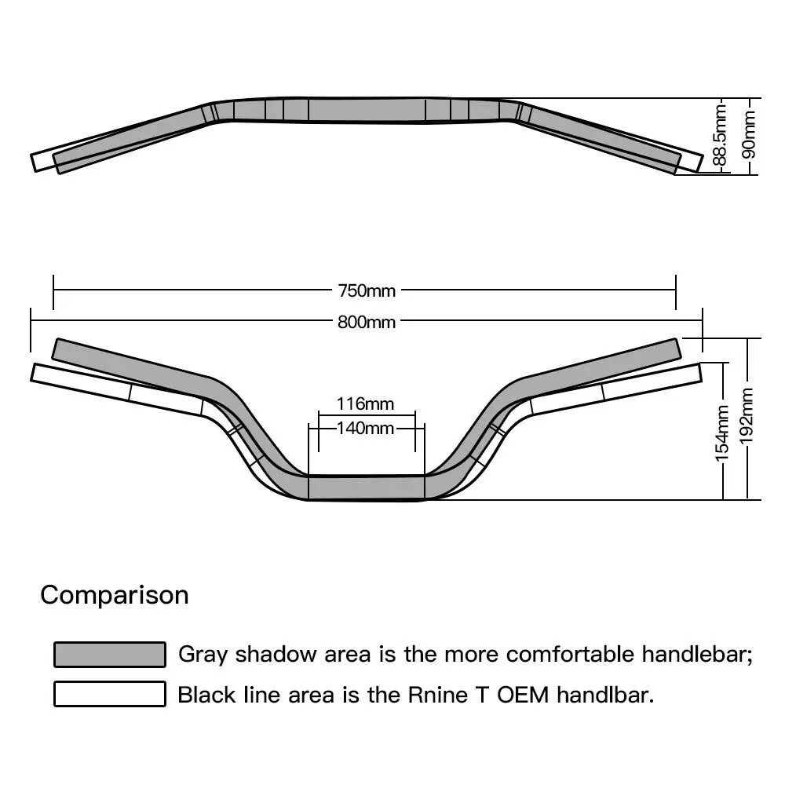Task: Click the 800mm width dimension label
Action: (367, 322)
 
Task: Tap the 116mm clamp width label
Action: (364, 404)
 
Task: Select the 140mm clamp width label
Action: (364, 428)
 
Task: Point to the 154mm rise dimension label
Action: (723, 431)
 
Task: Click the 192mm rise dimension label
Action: (748, 415)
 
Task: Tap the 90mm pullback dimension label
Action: (750, 133)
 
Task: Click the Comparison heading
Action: (115, 595)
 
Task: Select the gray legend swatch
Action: (110, 655)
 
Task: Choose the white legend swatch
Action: (110, 695)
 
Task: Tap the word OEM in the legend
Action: (528, 695)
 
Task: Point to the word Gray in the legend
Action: (204, 655)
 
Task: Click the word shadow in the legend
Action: (275, 655)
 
